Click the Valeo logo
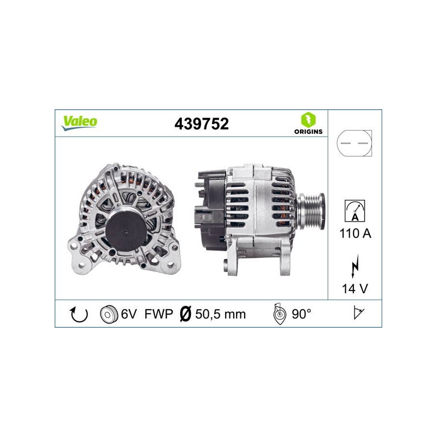coord(79,123)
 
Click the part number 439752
coord(202,124)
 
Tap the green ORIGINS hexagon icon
coord(308,120)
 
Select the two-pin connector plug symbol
coord(354,143)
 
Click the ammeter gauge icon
coord(355,211)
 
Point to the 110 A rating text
coord(356,233)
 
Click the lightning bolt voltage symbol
coord(355,266)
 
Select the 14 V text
coord(355,288)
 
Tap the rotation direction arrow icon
coord(79,314)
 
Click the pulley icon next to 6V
coord(108,315)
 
